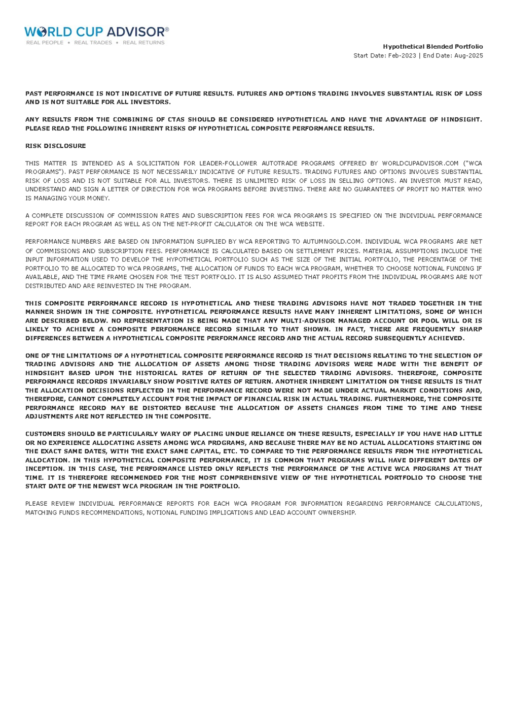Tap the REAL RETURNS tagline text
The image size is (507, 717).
pos(143,43)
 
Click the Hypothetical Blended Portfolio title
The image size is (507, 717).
pos(432,47)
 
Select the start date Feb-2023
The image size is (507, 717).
pos(402,55)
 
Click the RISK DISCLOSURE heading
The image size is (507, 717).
pos(56,146)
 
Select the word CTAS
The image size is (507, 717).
pos(176,120)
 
